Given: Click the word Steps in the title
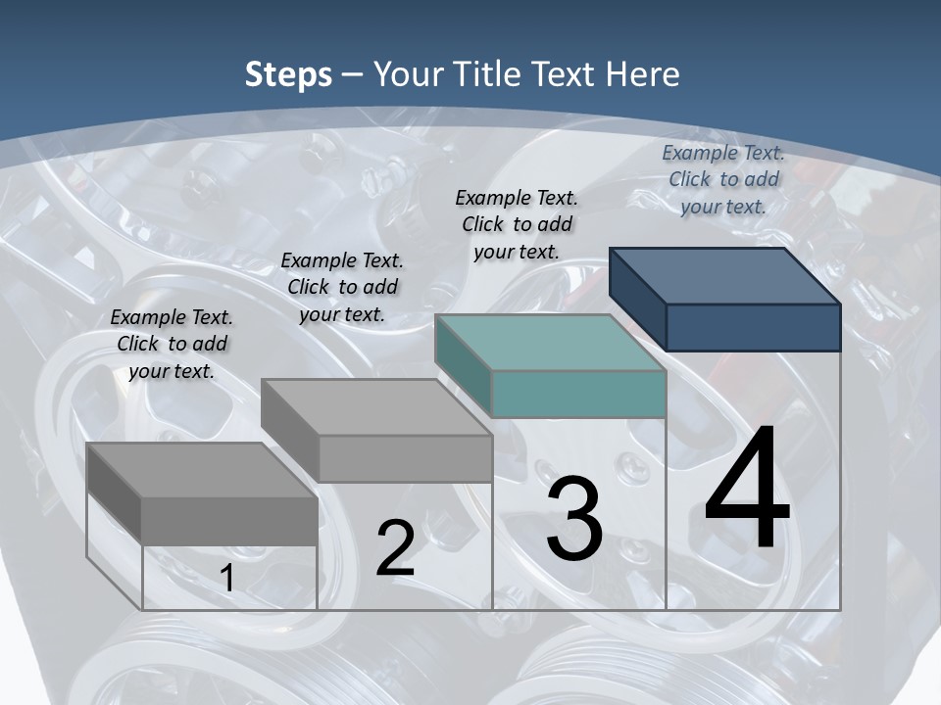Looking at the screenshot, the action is click(x=288, y=74).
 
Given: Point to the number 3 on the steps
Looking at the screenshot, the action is click(x=574, y=519).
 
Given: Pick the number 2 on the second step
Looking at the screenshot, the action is click(x=395, y=549).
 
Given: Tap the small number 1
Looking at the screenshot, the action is click(x=226, y=579).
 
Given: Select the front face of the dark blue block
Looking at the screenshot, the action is click(x=753, y=327).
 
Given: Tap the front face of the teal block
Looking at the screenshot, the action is click(x=578, y=394).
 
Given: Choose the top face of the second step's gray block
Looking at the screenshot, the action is click(x=376, y=407).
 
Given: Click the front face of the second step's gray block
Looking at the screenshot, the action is click(x=405, y=458).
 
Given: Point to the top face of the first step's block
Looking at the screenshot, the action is click(x=202, y=470).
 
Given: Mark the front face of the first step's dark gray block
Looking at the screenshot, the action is click(x=229, y=521).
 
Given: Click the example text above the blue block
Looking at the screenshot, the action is click(x=723, y=179).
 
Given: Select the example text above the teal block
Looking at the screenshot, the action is click(x=517, y=224).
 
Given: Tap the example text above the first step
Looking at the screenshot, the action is click(x=172, y=344).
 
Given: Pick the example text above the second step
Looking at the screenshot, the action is click(x=342, y=287).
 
